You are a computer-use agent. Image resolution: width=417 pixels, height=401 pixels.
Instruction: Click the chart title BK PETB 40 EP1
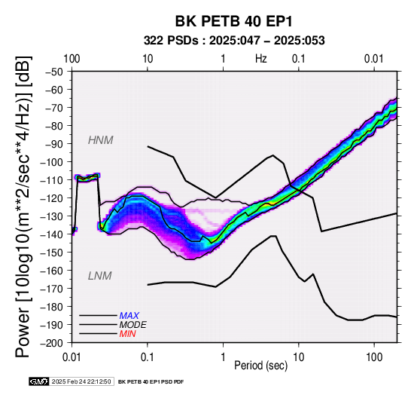234,21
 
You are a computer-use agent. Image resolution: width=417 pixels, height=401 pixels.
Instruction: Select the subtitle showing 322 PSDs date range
234,41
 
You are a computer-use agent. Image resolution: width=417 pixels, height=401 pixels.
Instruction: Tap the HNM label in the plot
101,140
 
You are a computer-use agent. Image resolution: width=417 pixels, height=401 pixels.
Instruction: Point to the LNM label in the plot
99,276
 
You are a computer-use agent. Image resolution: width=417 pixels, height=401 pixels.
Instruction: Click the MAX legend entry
129,316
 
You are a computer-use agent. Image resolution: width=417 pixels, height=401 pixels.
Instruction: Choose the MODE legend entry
132,325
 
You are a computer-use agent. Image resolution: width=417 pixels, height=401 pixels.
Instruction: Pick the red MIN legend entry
127,334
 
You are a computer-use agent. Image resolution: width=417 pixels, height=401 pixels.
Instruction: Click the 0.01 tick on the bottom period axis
72,357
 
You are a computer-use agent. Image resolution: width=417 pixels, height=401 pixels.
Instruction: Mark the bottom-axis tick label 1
223,357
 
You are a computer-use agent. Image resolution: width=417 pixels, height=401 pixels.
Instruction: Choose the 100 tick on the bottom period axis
374,357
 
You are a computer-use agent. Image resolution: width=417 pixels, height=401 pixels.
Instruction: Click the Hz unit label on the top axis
261,59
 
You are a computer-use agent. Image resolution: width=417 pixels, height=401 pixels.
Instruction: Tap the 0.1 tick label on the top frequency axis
298,59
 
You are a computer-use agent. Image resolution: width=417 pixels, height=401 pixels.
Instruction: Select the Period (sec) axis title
261,366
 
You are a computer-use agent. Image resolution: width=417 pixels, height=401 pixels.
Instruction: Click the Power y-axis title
23,207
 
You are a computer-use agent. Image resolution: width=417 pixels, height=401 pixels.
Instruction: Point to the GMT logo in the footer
39,381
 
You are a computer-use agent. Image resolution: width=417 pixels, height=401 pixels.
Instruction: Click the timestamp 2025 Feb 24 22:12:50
81,381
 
